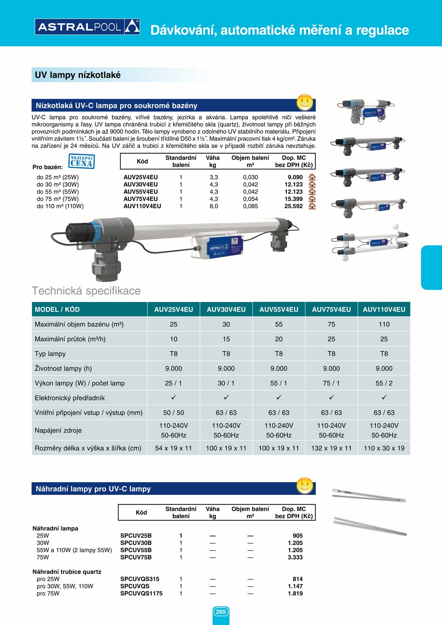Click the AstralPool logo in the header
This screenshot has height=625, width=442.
pyautogui.click(x=87, y=27)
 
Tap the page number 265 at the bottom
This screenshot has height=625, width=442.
pyautogui.click(x=221, y=612)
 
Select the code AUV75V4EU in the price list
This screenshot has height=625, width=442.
pyautogui.click(x=140, y=199)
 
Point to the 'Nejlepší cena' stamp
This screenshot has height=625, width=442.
pyautogui.click(x=81, y=161)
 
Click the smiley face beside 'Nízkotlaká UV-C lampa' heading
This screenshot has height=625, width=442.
pyautogui.click(x=305, y=103)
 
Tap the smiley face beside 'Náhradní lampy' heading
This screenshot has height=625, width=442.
pyautogui.click(x=305, y=485)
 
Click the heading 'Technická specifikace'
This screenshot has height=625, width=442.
pyautogui.click(x=86, y=291)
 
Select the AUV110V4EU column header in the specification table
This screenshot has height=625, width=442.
pyautogui.click(x=384, y=310)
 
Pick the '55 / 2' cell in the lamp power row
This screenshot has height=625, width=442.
pyautogui.click(x=384, y=383)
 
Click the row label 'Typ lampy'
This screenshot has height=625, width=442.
pyautogui.click(x=50, y=354)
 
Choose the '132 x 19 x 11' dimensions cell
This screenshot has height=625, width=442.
pyautogui.click(x=331, y=448)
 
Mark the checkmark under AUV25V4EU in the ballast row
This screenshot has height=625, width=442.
pyautogui.click(x=174, y=397)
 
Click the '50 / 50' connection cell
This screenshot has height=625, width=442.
pyautogui.click(x=174, y=413)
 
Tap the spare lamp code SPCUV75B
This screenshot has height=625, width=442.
pyautogui.click(x=136, y=557)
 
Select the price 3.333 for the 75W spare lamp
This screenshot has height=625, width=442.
pyautogui.click(x=295, y=557)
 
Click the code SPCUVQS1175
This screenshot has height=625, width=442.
pyautogui.click(x=141, y=594)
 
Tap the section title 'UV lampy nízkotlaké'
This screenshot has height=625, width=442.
pyautogui.click(x=78, y=75)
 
